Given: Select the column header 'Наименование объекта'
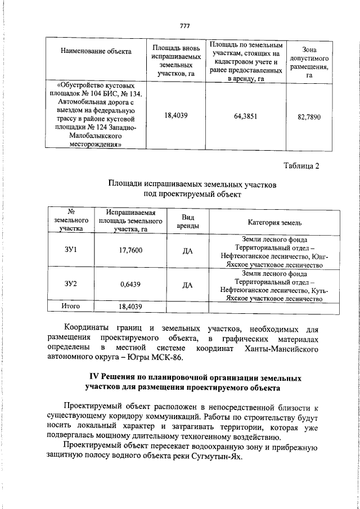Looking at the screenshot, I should pos(96,52).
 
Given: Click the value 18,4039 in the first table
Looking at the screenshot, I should pos(175,116).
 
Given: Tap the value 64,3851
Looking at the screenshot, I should pos(246,116).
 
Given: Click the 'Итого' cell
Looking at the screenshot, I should pos(71,307).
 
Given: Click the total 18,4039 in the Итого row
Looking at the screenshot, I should pos(130,307).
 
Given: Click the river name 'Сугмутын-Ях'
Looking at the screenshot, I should pos(219,456).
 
